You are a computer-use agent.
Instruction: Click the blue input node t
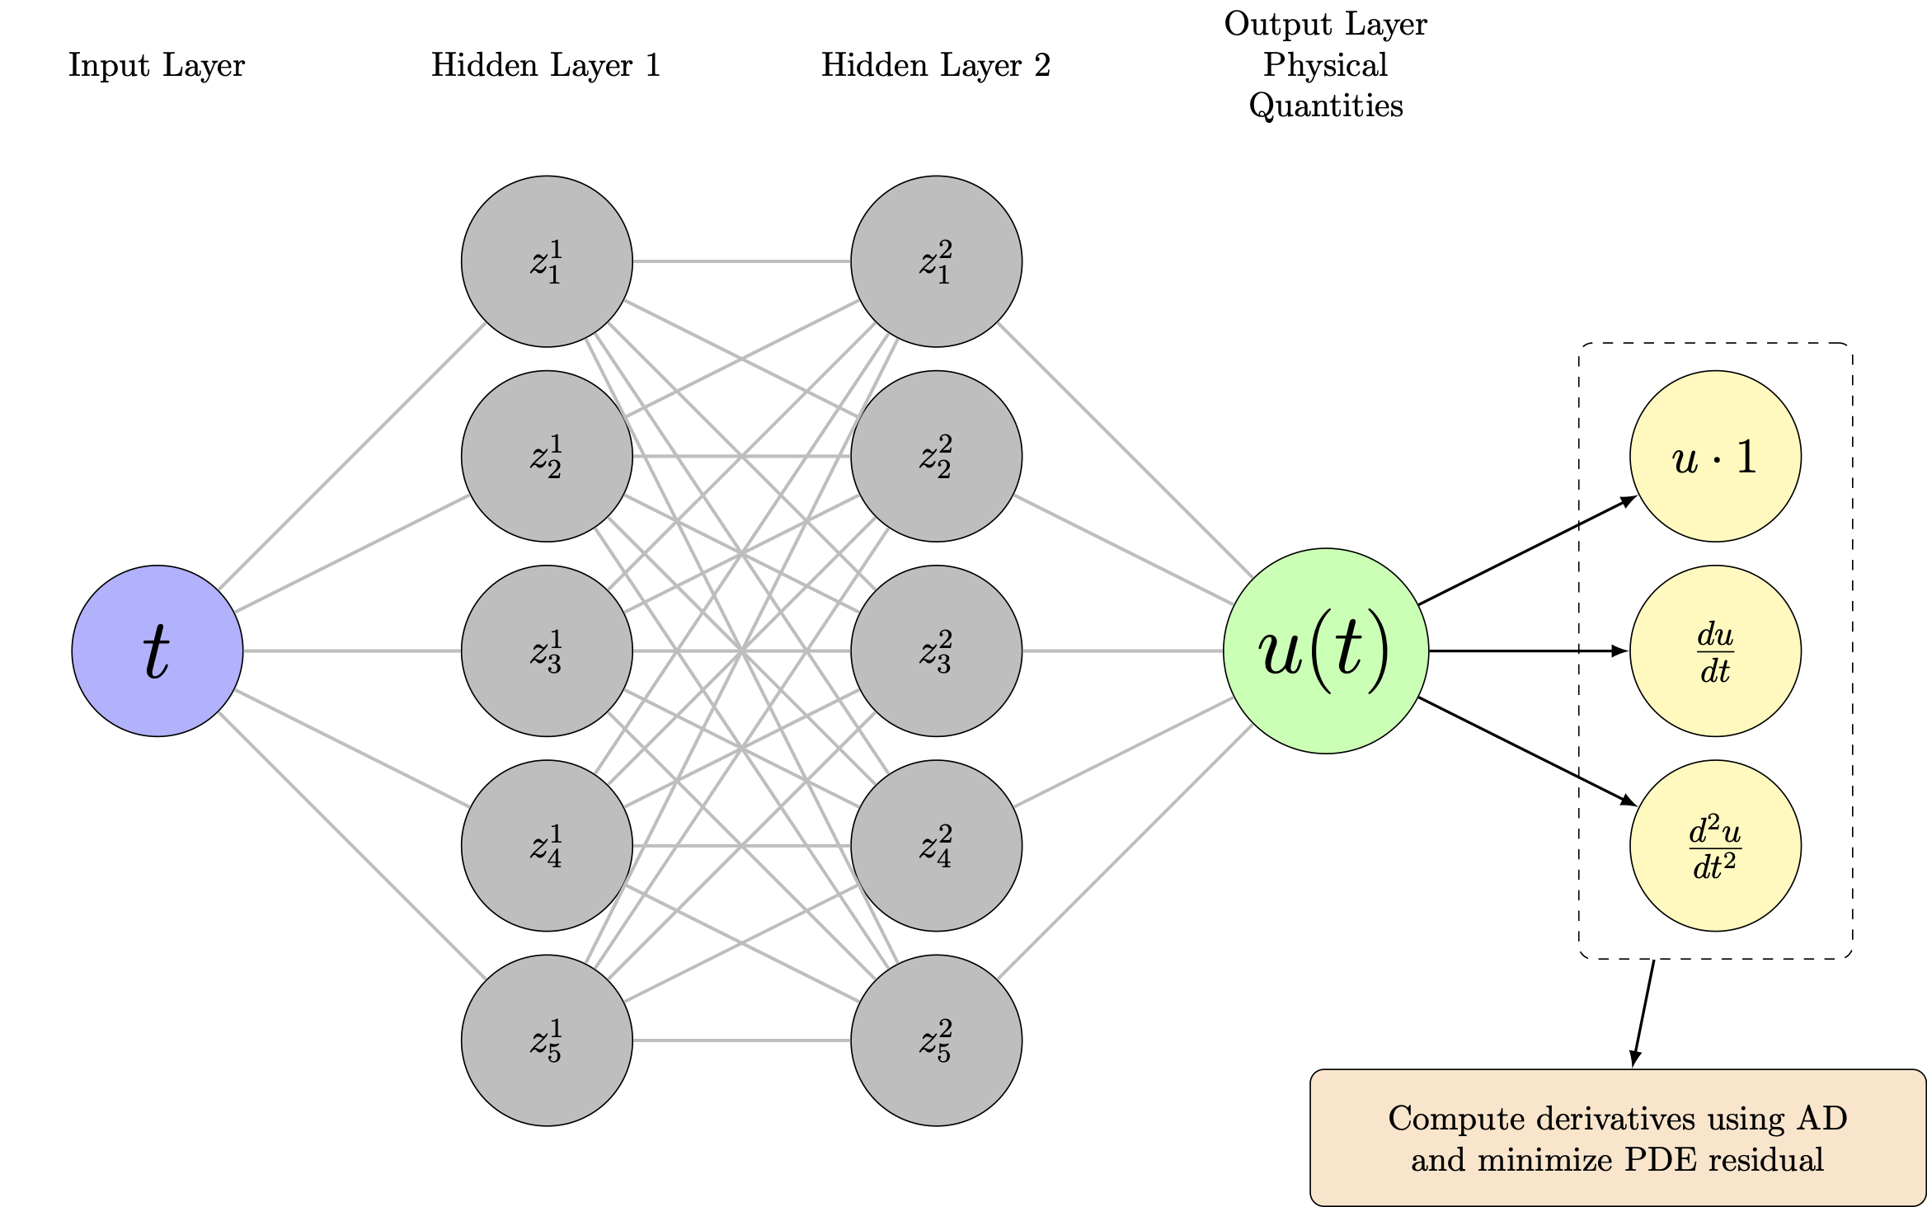point(157,650)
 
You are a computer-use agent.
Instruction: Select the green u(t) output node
point(1325,650)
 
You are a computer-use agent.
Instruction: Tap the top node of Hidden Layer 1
point(547,261)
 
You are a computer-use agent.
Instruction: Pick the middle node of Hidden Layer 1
point(547,650)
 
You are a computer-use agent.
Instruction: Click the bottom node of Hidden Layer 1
point(547,1040)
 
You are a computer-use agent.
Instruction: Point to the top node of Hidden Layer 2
point(936,261)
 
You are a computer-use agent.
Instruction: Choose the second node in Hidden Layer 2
point(936,456)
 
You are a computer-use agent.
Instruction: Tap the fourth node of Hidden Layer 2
point(936,845)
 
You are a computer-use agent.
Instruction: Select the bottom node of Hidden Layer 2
point(936,1040)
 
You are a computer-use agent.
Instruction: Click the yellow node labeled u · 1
point(1715,456)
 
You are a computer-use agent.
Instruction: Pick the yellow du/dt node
point(1715,650)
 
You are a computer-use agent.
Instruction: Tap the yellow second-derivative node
point(1715,845)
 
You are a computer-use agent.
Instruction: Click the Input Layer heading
point(157,65)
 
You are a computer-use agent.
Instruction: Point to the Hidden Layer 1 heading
point(546,65)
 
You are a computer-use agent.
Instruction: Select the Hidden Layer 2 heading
point(936,65)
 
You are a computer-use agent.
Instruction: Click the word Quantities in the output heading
point(1326,106)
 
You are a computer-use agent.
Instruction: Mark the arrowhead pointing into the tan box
point(1634,1060)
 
